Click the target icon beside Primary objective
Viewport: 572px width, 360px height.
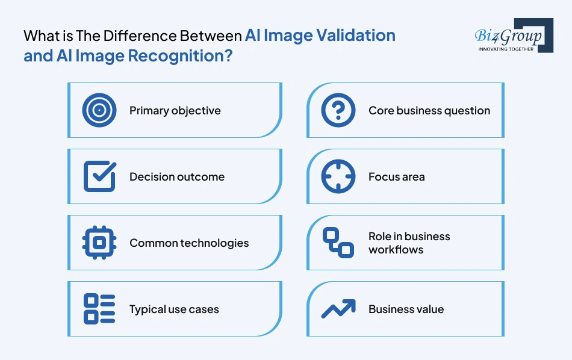[99, 110]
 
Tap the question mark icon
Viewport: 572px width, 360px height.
[338, 110]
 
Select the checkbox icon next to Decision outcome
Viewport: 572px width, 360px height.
[100, 176]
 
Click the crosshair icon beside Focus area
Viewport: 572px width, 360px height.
[338, 176]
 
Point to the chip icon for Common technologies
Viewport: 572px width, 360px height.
[99, 243]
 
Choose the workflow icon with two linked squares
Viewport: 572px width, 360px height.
[338, 243]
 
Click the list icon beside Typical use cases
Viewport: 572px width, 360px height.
[99, 309]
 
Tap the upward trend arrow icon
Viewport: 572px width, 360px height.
[338, 309]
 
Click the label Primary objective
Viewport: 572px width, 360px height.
[175, 111]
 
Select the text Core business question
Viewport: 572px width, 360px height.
[429, 111]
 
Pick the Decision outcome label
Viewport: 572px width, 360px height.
[177, 177]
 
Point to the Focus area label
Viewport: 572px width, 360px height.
[397, 177]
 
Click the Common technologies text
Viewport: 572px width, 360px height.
[189, 243]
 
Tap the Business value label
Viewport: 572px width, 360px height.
[406, 309]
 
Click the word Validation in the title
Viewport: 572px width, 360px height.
[356, 36]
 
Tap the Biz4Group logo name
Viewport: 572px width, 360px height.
[508, 36]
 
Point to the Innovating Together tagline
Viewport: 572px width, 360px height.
[506, 49]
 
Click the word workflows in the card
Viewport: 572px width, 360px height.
[396, 249]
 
